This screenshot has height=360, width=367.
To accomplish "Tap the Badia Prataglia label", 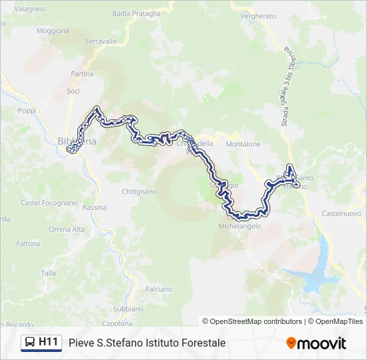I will click(136, 13).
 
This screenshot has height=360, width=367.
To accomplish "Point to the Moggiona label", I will click(53, 31).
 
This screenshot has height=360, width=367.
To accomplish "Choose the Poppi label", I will click(27, 111).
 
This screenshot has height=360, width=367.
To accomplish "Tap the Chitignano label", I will click(139, 191).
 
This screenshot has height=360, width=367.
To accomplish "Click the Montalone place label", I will click(243, 144).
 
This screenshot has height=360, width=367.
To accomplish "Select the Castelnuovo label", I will click(342, 213).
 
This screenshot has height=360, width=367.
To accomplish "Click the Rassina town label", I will click(94, 207).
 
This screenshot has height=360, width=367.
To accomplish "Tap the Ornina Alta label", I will click(67, 229).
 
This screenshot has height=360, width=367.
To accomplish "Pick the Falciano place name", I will click(159, 289).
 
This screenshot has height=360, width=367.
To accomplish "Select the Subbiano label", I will click(128, 309).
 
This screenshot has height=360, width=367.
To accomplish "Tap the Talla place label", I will click(49, 273).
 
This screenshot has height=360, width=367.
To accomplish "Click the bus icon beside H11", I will click(30, 343).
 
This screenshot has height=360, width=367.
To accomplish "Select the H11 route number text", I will click(49, 342).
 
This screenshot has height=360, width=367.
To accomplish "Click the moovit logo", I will click(316, 343).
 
